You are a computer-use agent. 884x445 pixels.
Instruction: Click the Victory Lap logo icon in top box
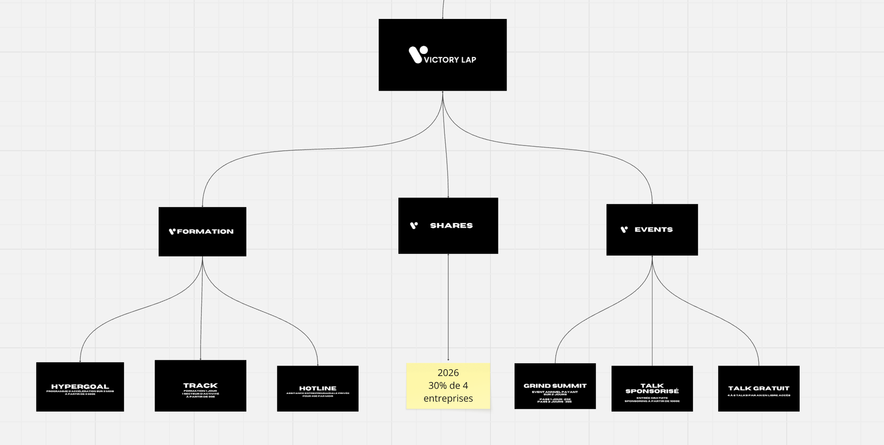[417, 54]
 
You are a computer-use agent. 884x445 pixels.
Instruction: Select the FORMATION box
[202, 242]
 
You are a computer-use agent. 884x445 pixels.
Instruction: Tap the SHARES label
[451, 226]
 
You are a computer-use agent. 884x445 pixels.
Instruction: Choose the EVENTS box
[652, 242]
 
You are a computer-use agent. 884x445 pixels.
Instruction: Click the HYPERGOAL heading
[80, 387]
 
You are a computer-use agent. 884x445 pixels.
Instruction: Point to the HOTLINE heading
[318, 388]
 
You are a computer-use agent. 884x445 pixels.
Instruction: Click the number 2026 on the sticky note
[448, 373]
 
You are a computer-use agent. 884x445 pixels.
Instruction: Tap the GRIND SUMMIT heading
[555, 386]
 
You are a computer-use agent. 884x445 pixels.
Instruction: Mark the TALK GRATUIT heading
[758, 388]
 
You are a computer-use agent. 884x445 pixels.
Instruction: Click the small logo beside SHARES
[414, 225]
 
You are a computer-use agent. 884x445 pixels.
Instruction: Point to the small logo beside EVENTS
[624, 229]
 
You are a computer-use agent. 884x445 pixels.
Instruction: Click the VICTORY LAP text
[450, 60]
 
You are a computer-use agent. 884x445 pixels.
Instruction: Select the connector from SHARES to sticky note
[448, 306]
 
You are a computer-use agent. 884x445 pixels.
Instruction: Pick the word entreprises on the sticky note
[448, 398]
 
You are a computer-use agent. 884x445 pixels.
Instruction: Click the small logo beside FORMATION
[172, 231]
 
